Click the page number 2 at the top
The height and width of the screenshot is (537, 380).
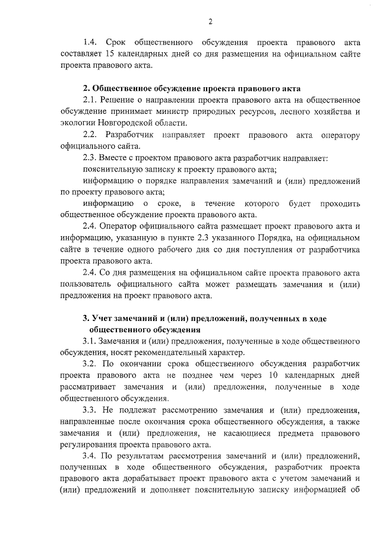210,22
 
